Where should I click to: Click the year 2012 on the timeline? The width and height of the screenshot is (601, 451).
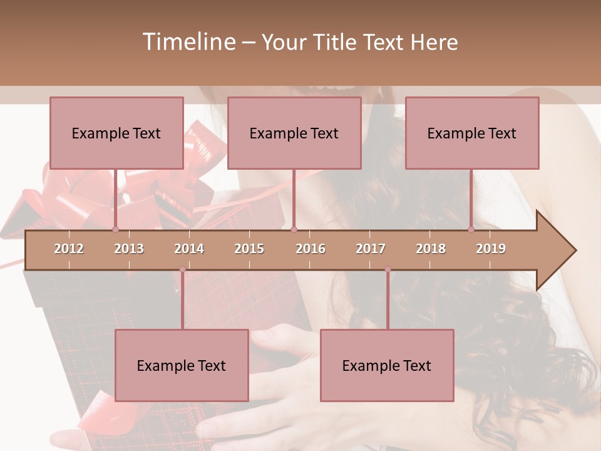[69, 249]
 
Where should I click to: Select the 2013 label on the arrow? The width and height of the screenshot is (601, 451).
[129, 249]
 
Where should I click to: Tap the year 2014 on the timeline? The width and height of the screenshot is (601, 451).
[189, 249]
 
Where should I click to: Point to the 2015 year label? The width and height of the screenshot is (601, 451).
[249, 249]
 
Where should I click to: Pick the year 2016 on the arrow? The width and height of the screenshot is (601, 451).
[311, 249]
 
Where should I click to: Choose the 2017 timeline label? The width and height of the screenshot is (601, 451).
[371, 249]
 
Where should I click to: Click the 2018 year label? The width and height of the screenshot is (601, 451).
[431, 249]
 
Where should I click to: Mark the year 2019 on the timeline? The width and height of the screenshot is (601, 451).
[491, 249]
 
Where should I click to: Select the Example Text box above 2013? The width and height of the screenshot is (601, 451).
[116, 133]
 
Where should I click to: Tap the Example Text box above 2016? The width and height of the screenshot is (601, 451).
[294, 133]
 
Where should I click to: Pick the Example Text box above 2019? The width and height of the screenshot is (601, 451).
[472, 133]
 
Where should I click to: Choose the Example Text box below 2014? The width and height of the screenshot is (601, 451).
[182, 365]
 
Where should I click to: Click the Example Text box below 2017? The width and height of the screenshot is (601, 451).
[387, 365]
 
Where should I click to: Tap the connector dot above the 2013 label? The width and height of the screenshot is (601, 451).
[115, 229]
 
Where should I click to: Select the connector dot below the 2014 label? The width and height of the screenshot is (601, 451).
[182, 269]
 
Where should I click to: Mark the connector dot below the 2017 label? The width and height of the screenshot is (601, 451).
[388, 269]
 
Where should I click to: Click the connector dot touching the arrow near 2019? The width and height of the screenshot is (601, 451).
[471, 229]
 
